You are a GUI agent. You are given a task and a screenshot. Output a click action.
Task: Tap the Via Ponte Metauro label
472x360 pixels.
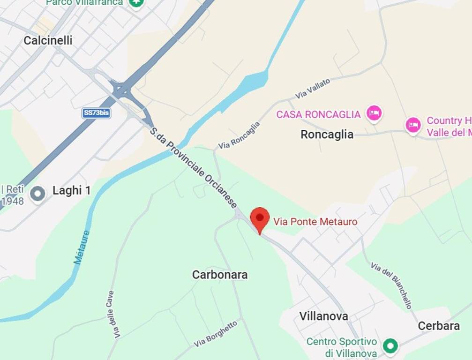[x=315, y=222]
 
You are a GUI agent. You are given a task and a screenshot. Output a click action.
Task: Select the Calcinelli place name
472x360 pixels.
[x=48, y=41]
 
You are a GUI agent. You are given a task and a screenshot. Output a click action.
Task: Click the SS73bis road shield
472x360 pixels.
[x=97, y=113]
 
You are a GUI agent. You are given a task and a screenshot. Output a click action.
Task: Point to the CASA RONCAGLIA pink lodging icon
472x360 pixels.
[x=374, y=113]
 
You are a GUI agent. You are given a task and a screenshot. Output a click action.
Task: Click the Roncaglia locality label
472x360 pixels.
[x=327, y=135]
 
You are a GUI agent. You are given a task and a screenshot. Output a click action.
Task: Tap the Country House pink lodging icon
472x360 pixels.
[x=413, y=126]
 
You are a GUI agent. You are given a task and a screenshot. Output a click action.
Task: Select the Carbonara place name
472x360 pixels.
[x=220, y=275]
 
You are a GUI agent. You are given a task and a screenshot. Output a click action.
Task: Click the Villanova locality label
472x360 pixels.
[x=324, y=316]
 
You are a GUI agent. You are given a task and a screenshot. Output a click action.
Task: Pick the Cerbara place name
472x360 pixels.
[x=438, y=326]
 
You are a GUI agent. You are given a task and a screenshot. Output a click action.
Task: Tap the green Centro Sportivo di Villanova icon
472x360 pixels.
[x=390, y=346]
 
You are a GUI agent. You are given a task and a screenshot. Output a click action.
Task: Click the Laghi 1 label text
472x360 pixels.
[x=71, y=191]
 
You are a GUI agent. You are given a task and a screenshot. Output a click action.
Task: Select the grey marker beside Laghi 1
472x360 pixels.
[x=37, y=193]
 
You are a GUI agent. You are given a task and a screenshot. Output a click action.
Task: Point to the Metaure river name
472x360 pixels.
[x=82, y=247]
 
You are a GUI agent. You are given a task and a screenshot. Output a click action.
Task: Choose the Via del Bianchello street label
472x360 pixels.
[x=391, y=285]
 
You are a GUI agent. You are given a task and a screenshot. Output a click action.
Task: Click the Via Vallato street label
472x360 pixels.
[x=313, y=89]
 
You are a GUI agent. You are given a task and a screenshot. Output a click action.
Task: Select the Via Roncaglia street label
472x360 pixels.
[x=239, y=136]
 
